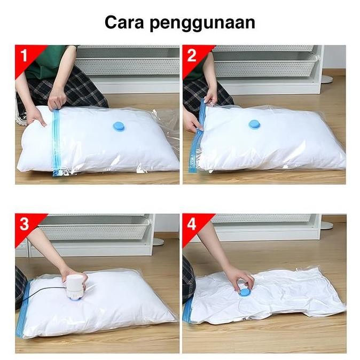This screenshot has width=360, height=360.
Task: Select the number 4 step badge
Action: click(192, 224)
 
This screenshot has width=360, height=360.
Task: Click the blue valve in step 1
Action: click(117, 127)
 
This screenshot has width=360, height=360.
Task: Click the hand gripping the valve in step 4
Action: click(238, 278)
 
